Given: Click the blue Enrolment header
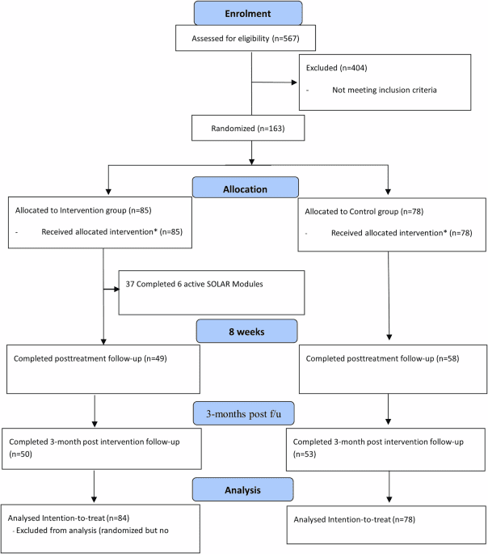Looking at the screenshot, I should click(249, 13).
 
